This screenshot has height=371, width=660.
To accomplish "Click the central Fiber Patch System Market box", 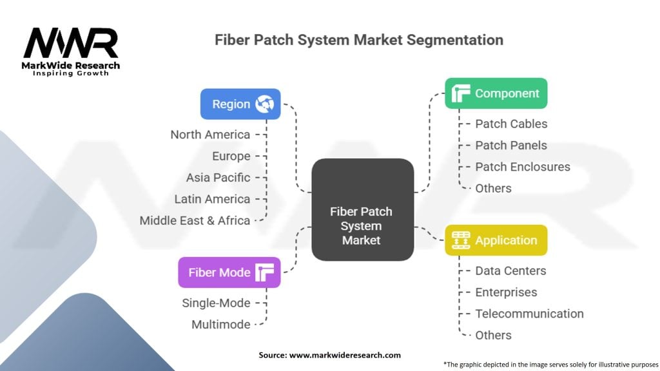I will coord(362,209).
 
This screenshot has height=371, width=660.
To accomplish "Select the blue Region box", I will coord(240,104).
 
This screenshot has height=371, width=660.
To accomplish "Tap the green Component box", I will coord(496,93).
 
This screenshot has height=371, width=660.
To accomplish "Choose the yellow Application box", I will coord(496,240).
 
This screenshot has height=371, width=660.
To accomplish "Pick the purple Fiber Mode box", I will coord(229,272).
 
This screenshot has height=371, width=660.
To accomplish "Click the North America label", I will coord(210,135).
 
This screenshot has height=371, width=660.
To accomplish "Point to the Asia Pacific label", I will coord(218,177).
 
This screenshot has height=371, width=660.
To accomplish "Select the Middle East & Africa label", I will coord(195,220).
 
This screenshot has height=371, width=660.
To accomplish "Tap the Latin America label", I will coord(212,199).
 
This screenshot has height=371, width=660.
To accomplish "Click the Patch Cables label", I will coord(511,124).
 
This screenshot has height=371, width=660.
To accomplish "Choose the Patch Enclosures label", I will coord(523,167).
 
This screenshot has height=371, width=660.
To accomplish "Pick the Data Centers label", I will coord(510,271).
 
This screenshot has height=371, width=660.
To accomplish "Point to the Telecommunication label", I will coord(529,314).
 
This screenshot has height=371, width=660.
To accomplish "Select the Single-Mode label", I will coord(216,303).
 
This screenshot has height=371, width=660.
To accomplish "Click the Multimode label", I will coord(220,325).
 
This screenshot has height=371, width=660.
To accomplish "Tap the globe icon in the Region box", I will coord(265,104).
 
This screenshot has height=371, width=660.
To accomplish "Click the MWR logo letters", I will coord(71,43).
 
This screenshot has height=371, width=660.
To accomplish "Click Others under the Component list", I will coord(493,188).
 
